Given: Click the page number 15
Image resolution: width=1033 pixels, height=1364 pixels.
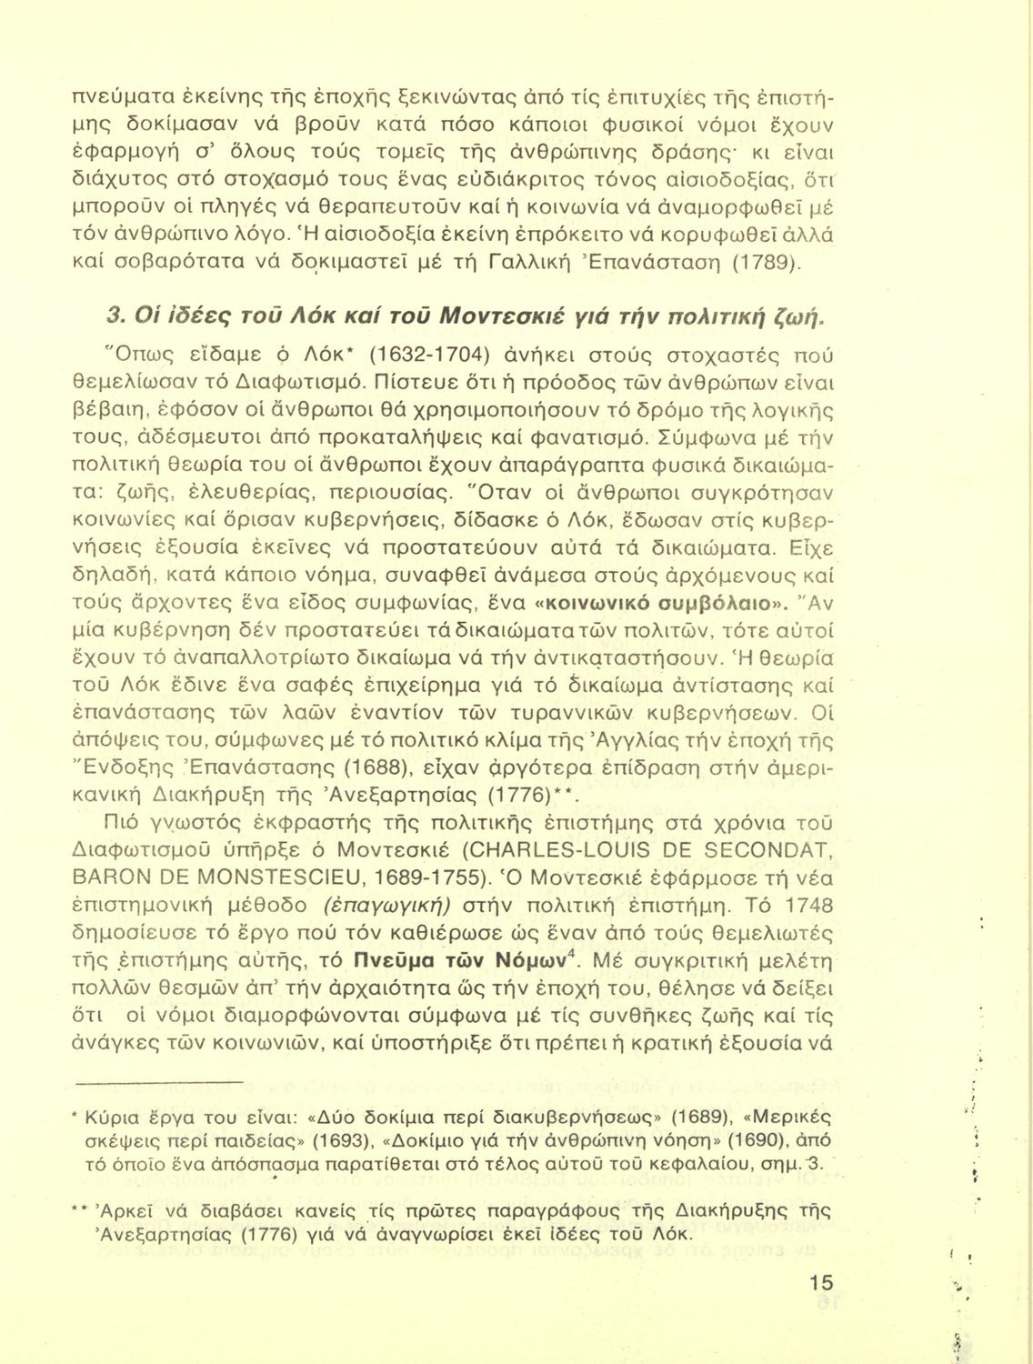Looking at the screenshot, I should tap(818, 1282).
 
